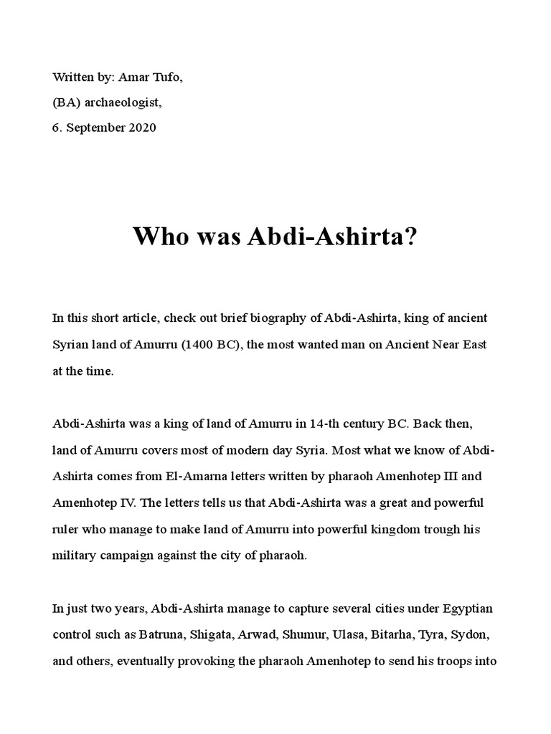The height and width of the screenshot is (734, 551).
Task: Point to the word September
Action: pyautogui.click(x=93, y=128)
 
